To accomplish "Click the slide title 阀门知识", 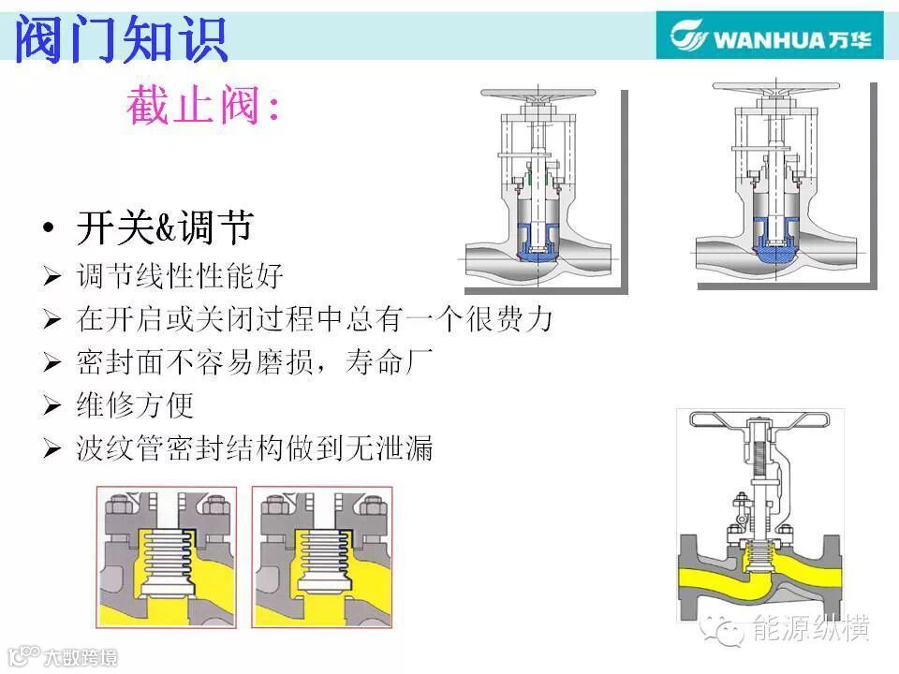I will [x=122, y=37].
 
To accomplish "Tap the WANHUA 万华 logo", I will [x=769, y=37].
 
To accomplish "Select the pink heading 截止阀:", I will [x=202, y=107].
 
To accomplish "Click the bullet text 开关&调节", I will [x=165, y=228].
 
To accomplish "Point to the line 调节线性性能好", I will [x=179, y=276].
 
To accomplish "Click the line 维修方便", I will [x=135, y=405].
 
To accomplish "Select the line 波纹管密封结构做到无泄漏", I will [x=255, y=448].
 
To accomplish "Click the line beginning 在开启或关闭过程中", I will [x=315, y=319].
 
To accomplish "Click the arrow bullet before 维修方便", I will [x=52, y=406].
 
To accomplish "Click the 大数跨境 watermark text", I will [x=81, y=657].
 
